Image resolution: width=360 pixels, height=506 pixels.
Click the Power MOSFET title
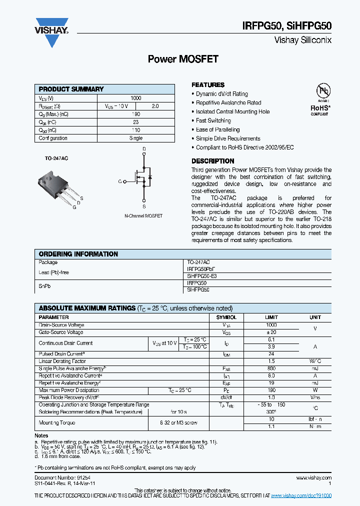pyautogui.click(x=183, y=59)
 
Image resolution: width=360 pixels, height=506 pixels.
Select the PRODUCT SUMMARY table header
pyautogui.click(x=71, y=89)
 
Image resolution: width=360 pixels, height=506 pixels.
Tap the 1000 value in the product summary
pyautogui.click(x=136, y=98)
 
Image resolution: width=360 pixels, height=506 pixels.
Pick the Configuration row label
pyautogui.click(x=53, y=138)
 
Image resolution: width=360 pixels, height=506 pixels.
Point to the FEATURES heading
pyautogui.click(x=208, y=85)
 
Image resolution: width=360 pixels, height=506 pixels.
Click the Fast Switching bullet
pyautogui.click(x=213, y=120)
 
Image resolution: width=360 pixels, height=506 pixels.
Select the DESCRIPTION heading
pyautogui.click(x=212, y=161)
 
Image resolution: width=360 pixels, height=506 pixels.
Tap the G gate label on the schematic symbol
pyautogui.click(x=120, y=181)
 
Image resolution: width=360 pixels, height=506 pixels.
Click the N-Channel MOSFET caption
pyautogui.click(x=143, y=216)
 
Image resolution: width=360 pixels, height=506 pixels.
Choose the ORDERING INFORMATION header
pyautogui.click(x=78, y=254)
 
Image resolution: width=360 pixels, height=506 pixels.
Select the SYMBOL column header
pyautogui.click(x=226, y=317)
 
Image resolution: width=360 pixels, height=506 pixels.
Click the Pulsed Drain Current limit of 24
pyautogui.click(x=271, y=353)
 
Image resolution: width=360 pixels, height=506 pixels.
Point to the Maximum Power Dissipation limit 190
pyautogui.click(x=271, y=390)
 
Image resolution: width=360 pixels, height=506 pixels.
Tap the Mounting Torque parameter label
pyautogui.click(x=57, y=423)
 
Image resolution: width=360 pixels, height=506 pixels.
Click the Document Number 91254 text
pyautogui.click(x=57, y=478)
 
